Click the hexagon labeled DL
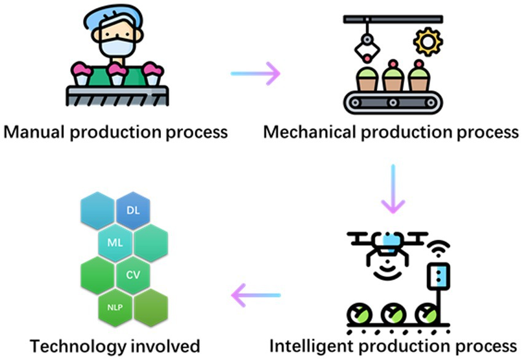click(x=133, y=210)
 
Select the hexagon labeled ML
click(x=116, y=242)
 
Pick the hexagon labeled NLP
click(x=116, y=305)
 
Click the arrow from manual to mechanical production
click(x=255, y=74)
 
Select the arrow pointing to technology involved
click(x=255, y=295)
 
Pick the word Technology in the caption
click(x=74, y=343)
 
